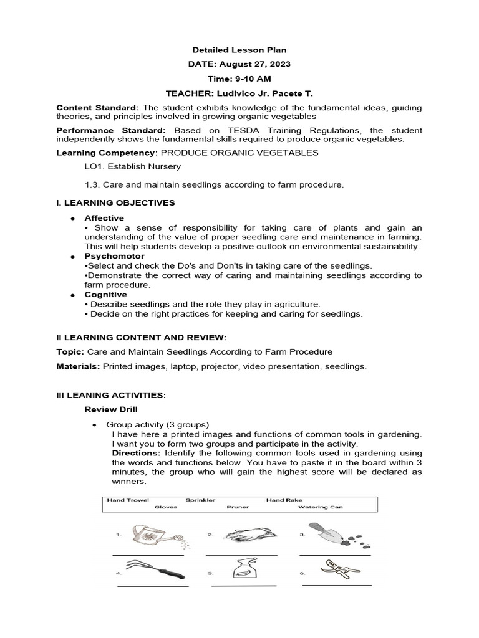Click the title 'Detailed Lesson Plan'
[239, 50]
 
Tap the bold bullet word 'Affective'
[104, 218]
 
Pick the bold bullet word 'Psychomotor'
[114, 256]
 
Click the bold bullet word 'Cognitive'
[105, 294]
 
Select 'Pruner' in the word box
[238, 507]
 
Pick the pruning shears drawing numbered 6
[334, 568]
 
